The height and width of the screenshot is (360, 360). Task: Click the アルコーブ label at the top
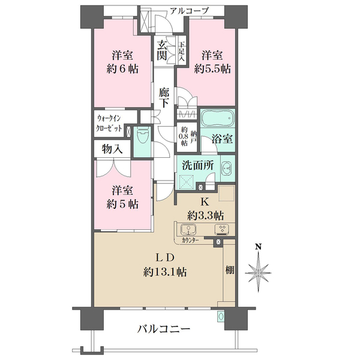click(188, 10)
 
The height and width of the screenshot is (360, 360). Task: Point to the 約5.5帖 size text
click(212, 68)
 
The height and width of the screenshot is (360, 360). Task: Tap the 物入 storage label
click(112, 148)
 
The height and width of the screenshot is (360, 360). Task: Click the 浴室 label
click(223, 139)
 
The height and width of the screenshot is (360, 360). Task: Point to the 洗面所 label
click(196, 163)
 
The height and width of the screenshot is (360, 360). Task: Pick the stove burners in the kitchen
click(221, 229)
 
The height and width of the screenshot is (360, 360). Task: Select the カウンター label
click(192, 240)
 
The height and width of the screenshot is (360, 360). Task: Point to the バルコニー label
click(163, 329)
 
